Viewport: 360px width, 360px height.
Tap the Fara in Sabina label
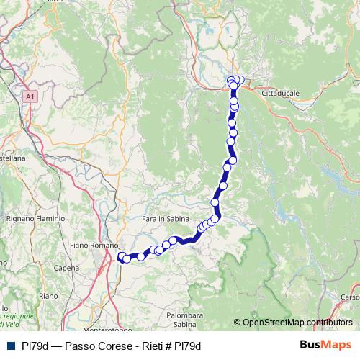point(164,218)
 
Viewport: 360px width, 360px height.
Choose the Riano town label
point(48,296)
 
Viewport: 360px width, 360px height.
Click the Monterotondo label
point(89,329)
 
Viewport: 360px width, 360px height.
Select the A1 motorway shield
point(30,96)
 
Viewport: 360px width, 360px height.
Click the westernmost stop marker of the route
point(121,256)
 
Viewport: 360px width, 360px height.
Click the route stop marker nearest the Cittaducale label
point(240,81)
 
